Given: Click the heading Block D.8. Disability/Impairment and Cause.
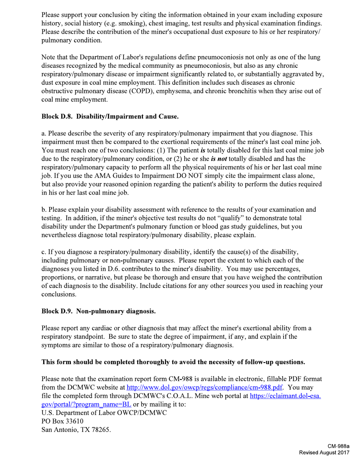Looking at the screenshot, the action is point(110,117).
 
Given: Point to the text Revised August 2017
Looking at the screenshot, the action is point(324,453).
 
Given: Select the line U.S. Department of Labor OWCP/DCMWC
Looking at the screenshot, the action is point(104,412).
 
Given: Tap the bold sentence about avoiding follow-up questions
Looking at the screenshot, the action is point(173,362).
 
